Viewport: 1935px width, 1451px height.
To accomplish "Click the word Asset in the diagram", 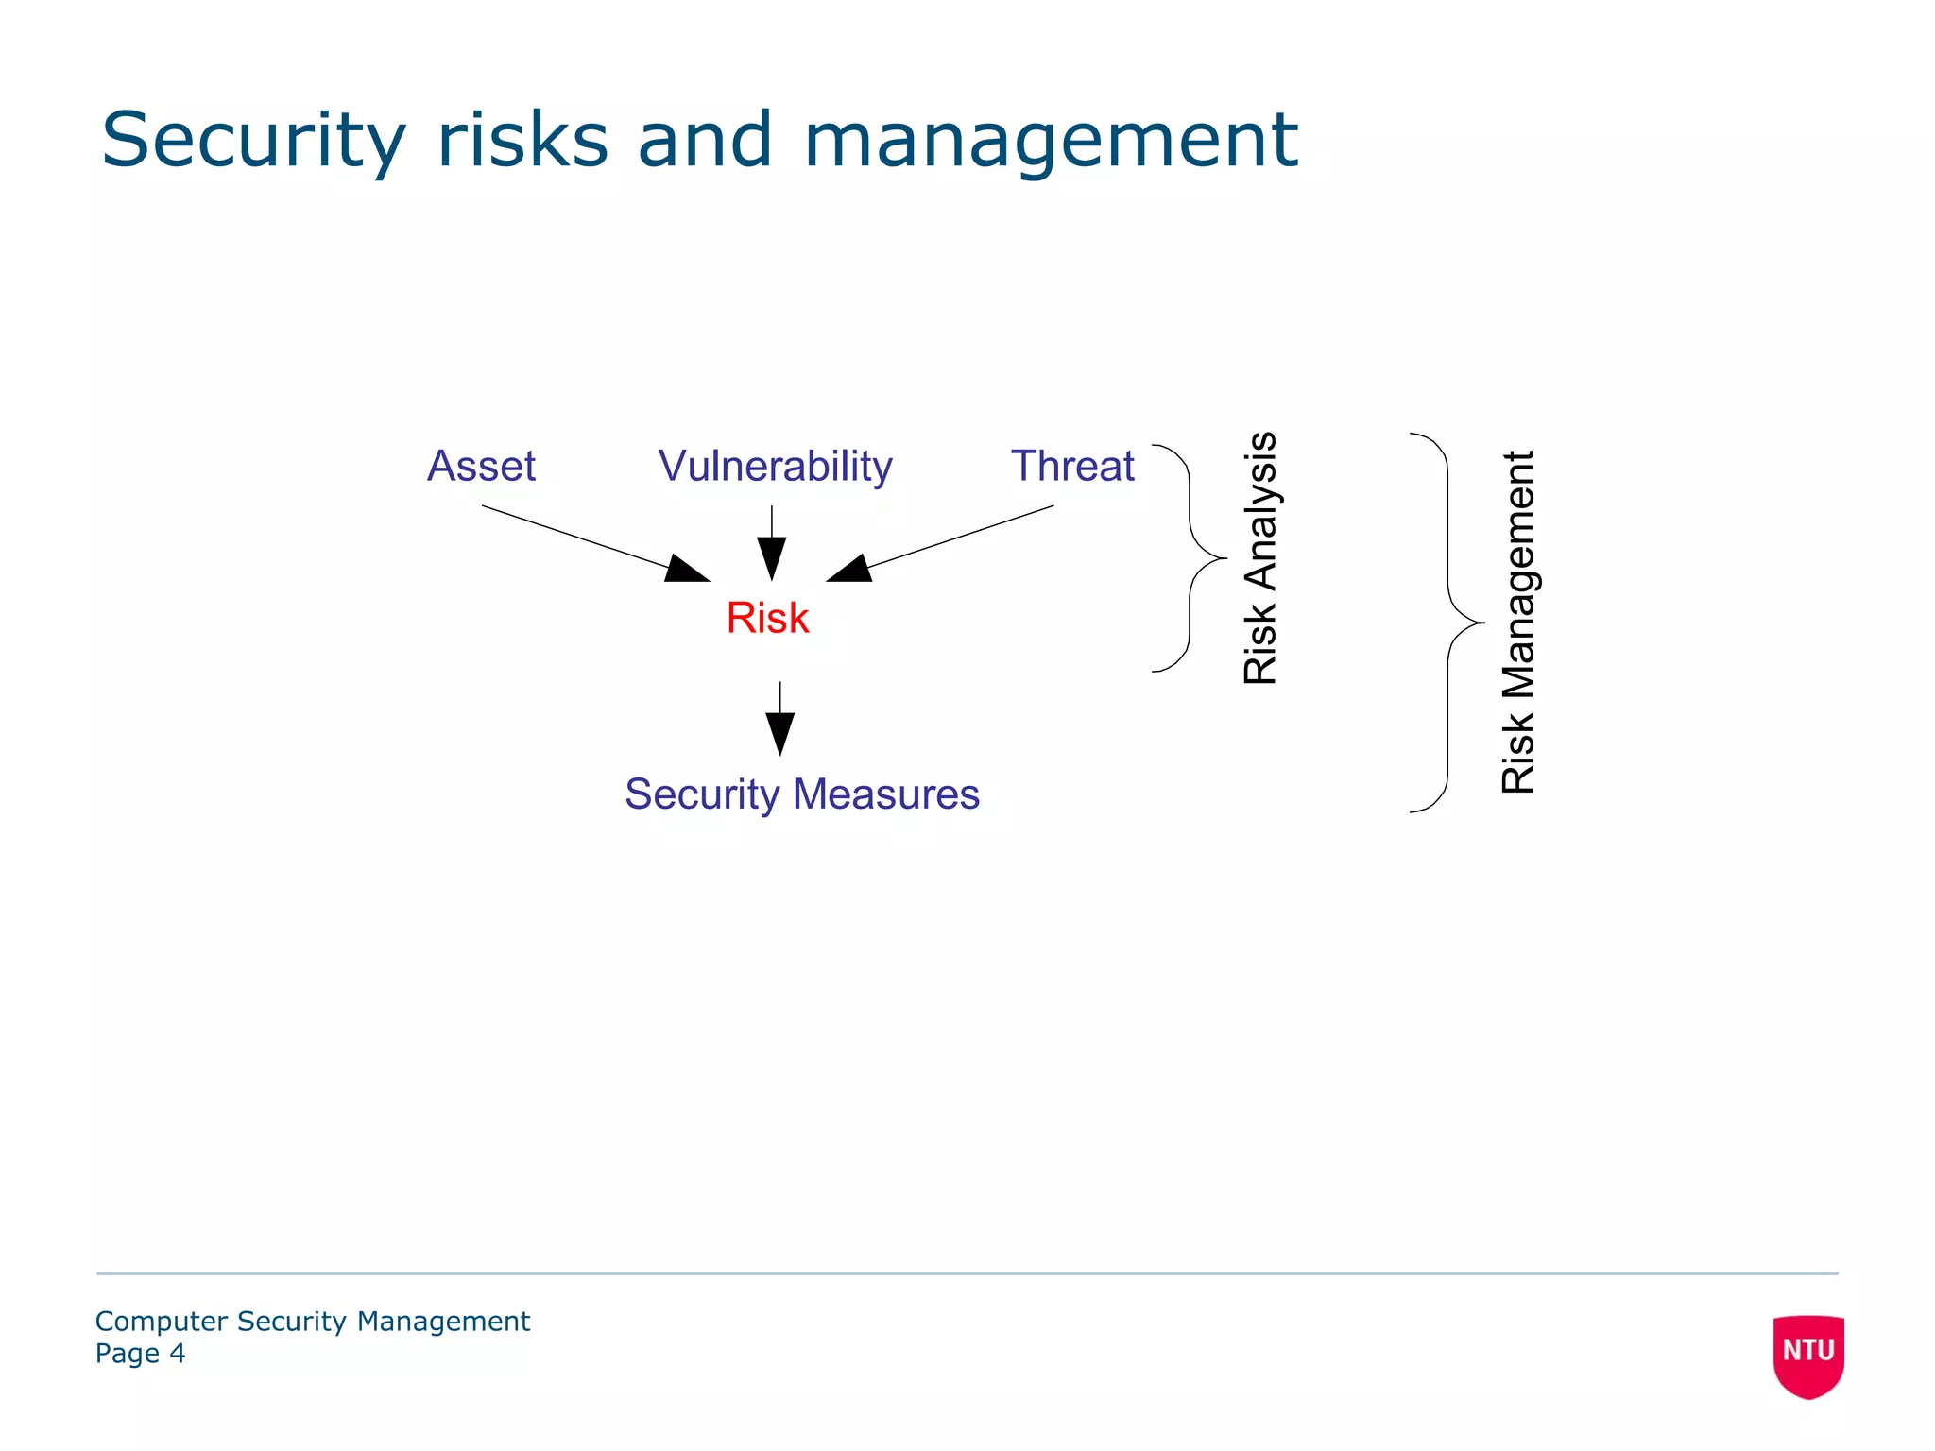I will pos(481,466).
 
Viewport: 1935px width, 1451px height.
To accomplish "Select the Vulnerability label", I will pos(775,467).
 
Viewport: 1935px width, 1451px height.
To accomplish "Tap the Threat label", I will pos(1072,466).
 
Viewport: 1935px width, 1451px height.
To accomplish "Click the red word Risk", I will pos(767,618).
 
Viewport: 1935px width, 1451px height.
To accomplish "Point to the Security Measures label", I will pos(802,794).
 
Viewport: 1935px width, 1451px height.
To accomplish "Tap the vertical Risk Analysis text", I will pos(1260,557).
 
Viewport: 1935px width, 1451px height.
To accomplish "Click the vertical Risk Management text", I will pos(1518,622).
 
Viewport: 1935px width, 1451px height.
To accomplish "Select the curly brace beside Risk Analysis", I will pos(1189,557).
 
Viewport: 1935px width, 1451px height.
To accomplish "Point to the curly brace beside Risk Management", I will pos(1447,623).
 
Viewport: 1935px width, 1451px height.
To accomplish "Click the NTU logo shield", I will pos(1808,1355).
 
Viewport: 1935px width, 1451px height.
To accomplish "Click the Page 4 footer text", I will pos(140,1354).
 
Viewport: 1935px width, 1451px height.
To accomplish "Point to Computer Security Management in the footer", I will pos(313,1321).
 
